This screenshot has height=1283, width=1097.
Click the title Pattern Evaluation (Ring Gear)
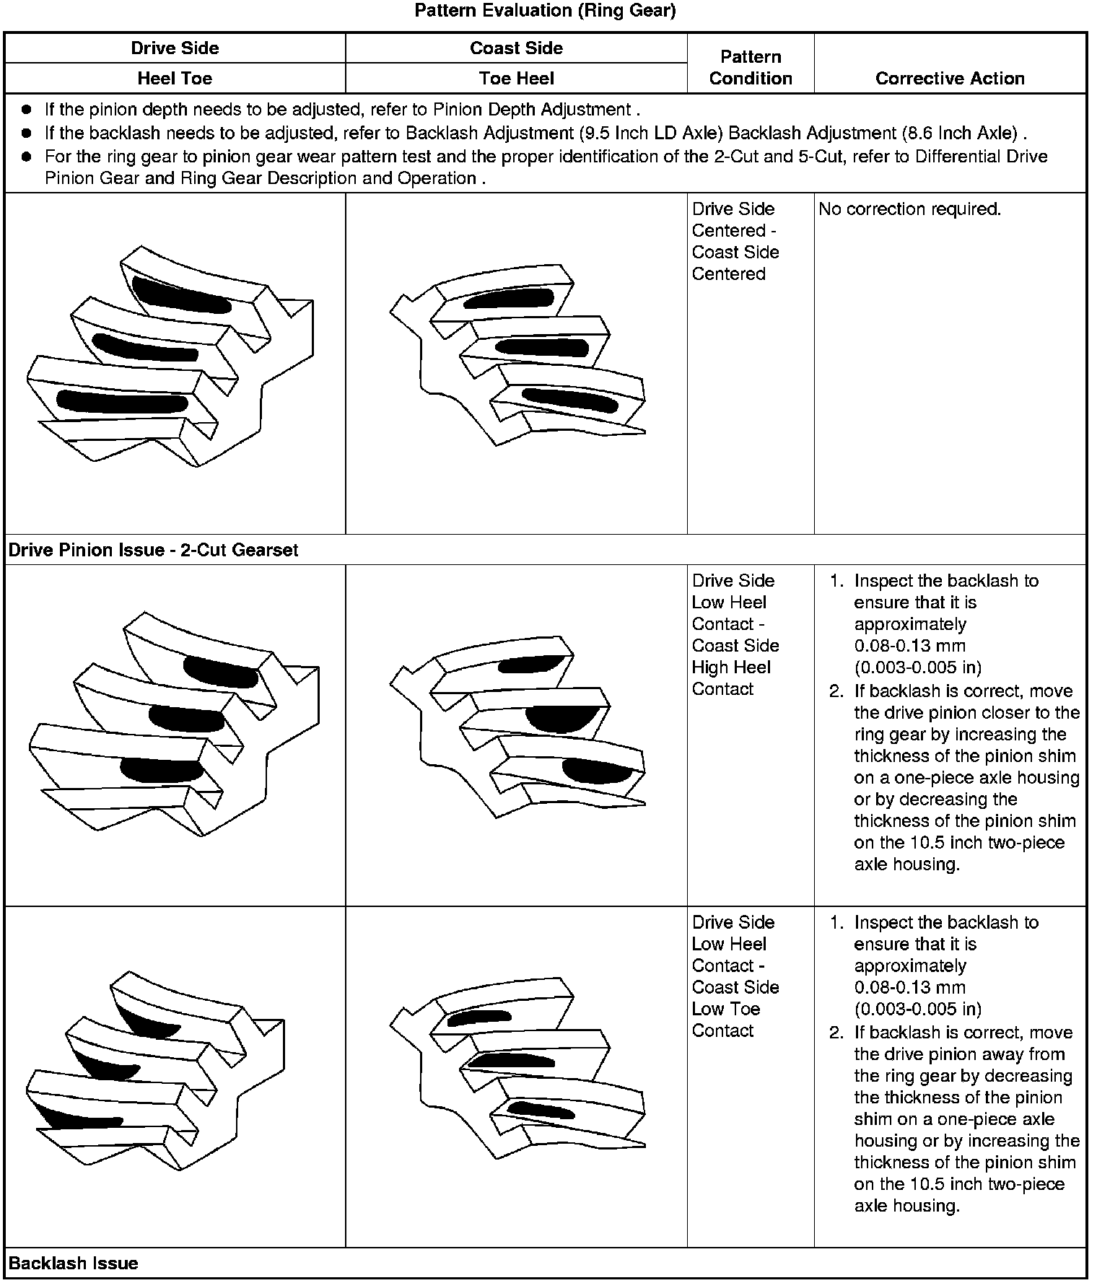pyautogui.click(x=545, y=11)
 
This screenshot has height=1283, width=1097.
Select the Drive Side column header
pyautogui.click(x=175, y=48)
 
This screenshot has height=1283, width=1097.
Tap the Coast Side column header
pyautogui.click(x=516, y=48)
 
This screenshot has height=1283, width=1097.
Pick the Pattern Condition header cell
pyautogui.click(x=751, y=67)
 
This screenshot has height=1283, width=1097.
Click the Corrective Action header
pyautogui.click(x=950, y=79)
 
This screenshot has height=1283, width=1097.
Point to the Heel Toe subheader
pyautogui.click(x=175, y=79)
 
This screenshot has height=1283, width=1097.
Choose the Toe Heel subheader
pyautogui.click(x=516, y=79)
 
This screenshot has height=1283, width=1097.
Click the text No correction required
pyautogui.click(x=910, y=209)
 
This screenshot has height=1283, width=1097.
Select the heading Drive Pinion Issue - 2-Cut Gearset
pyautogui.click(x=153, y=551)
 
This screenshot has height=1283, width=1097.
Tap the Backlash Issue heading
pyautogui.click(x=73, y=1264)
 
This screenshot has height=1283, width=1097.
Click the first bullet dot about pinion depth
pyautogui.click(x=27, y=110)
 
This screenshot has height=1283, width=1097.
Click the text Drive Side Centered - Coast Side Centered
pyautogui.click(x=735, y=241)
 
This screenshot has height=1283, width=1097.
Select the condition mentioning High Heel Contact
pyautogui.click(x=735, y=635)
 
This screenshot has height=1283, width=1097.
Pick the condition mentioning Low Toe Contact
pyautogui.click(x=735, y=976)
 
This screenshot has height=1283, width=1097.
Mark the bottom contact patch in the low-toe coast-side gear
pyautogui.click(x=541, y=1111)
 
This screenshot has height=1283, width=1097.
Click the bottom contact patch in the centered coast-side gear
pyautogui.click(x=570, y=400)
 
